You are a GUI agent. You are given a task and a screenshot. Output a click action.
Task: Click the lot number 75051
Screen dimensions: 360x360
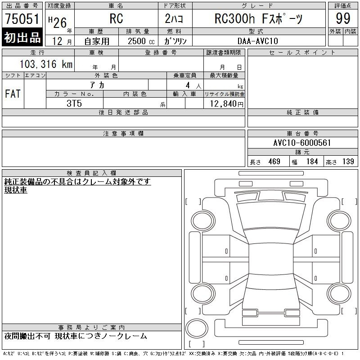pos(22,18)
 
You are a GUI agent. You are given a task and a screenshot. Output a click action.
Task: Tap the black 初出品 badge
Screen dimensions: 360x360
pos(22,37)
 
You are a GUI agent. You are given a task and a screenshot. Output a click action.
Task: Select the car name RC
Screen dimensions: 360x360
pos(116,18)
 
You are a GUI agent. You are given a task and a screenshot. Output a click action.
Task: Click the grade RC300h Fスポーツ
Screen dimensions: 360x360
pos(258,18)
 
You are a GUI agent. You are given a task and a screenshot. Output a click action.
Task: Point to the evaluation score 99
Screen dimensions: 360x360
pos(343,18)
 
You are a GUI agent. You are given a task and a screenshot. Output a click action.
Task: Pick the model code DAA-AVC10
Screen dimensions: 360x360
pos(258,41)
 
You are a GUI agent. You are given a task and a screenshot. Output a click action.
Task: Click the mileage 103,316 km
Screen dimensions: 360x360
pos(46,64)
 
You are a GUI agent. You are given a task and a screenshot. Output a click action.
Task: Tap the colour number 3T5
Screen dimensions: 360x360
pos(74,103)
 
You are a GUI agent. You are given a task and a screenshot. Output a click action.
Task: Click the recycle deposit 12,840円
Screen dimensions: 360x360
pos(227,104)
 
